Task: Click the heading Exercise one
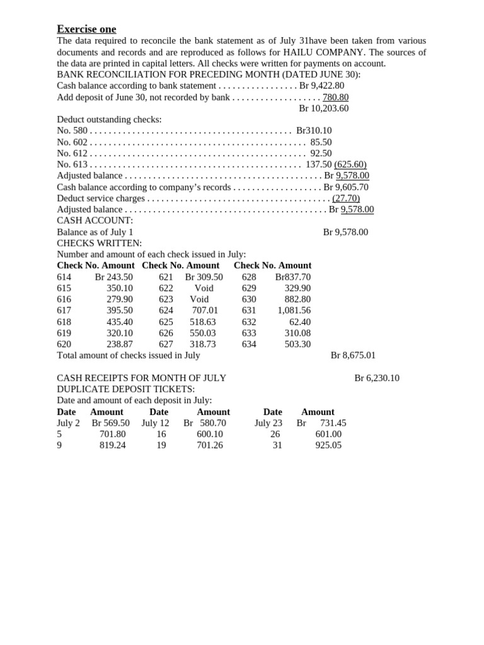[x=86, y=29]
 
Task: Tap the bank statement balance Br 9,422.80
[x=321, y=86]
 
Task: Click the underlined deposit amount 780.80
[x=335, y=97]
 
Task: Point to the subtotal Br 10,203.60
[x=323, y=108]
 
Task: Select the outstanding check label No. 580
[x=72, y=131]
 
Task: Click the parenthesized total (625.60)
[x=350, y=164]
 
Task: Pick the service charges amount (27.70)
[x=346, y=198]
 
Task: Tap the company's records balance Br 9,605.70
[x=345, y=187]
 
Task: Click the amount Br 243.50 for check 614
[x=113, y=277]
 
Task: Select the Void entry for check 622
[x=204, y=288]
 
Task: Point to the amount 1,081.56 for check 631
[x=294, y=311]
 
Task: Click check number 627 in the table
[x=166, y=345]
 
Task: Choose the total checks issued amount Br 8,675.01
[x=353, y=355]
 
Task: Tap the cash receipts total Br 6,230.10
[x=376, y=379]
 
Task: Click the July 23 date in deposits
[x=268, y=423]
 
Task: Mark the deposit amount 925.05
[x=328, y=445]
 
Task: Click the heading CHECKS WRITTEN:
[x=99, y=243]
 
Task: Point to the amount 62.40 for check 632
[x=299, y=322]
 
